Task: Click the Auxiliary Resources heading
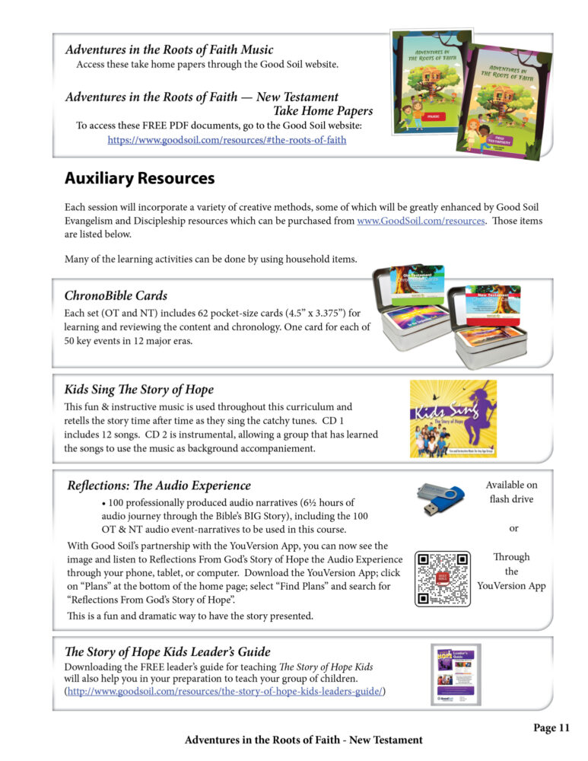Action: coord(139,179)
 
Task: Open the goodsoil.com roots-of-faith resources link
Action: coord(227,140)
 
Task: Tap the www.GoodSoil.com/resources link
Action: coord(420,221)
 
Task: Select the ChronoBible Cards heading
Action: coord(116,295)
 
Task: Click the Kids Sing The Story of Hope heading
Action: coord(138,390)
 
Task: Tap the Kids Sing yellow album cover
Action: coord(453,419)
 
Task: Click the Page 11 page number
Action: coord(551,728)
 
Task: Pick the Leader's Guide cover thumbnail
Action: coord(455,674)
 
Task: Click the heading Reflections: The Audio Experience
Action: coord(159,486)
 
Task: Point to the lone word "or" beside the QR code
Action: coord(513,527)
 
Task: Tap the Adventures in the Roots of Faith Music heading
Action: coord(169,49)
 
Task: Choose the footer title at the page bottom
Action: coord(304,740)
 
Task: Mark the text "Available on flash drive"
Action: coord(511,492)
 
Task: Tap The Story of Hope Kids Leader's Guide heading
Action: coord(167,651)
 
